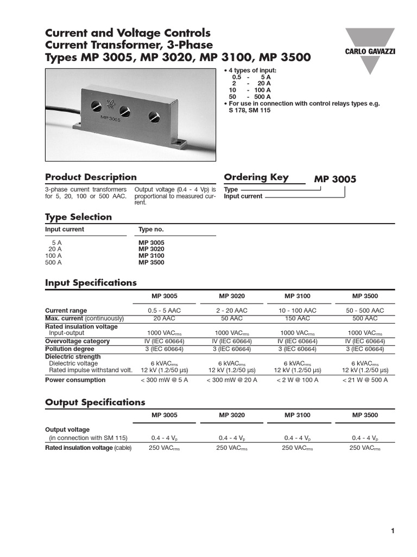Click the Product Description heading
[x=91, y=177]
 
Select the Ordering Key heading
[x=256, y=177]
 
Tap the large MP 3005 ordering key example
[x=335, y=180]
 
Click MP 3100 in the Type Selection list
[x=151, y=256]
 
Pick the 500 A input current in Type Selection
[x=53, y=262]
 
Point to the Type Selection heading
[x=78, y=217]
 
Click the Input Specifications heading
[x=91, y=283]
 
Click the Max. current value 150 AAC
[x=297, y=318]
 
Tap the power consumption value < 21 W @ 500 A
[x=365, y=380]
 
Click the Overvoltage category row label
[x=77, y=341]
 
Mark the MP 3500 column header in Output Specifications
[x=365, y=415]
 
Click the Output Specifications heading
[x=95, y=403]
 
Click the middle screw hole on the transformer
[x=125, y=111]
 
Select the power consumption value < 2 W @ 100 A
[x=297, y=380]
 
